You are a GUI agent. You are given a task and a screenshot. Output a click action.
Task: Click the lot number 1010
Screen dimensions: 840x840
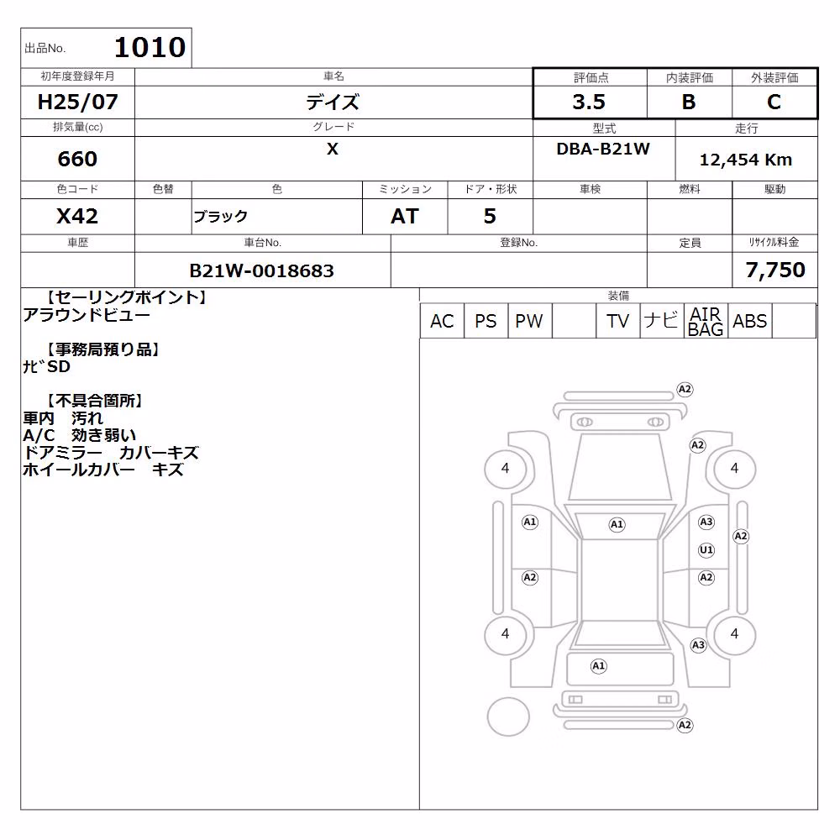click(x=150, y=47)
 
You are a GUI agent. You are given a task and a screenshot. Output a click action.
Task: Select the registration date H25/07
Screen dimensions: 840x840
click(x=77, y=102)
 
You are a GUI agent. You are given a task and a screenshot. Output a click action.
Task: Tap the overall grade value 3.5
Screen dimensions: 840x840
click(x=589, y=102)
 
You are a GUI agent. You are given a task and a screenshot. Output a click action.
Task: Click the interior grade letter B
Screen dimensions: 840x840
click(x=689, y=102)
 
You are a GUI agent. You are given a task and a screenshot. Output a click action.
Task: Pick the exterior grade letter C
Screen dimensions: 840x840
click(x=774, y=102)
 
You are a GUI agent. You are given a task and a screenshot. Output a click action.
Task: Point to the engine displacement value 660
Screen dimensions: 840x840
click(x=77, y=159)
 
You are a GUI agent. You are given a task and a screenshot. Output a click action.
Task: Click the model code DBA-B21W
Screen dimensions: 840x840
click(x=603, y=149)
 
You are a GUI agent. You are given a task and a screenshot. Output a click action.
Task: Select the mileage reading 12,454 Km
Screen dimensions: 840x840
click(x=746, y=160)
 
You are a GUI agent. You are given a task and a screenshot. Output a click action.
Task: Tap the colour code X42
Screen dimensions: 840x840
click(x=77, y=217)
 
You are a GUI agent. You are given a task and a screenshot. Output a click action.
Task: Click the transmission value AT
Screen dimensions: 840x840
click(x=405, y=217)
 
